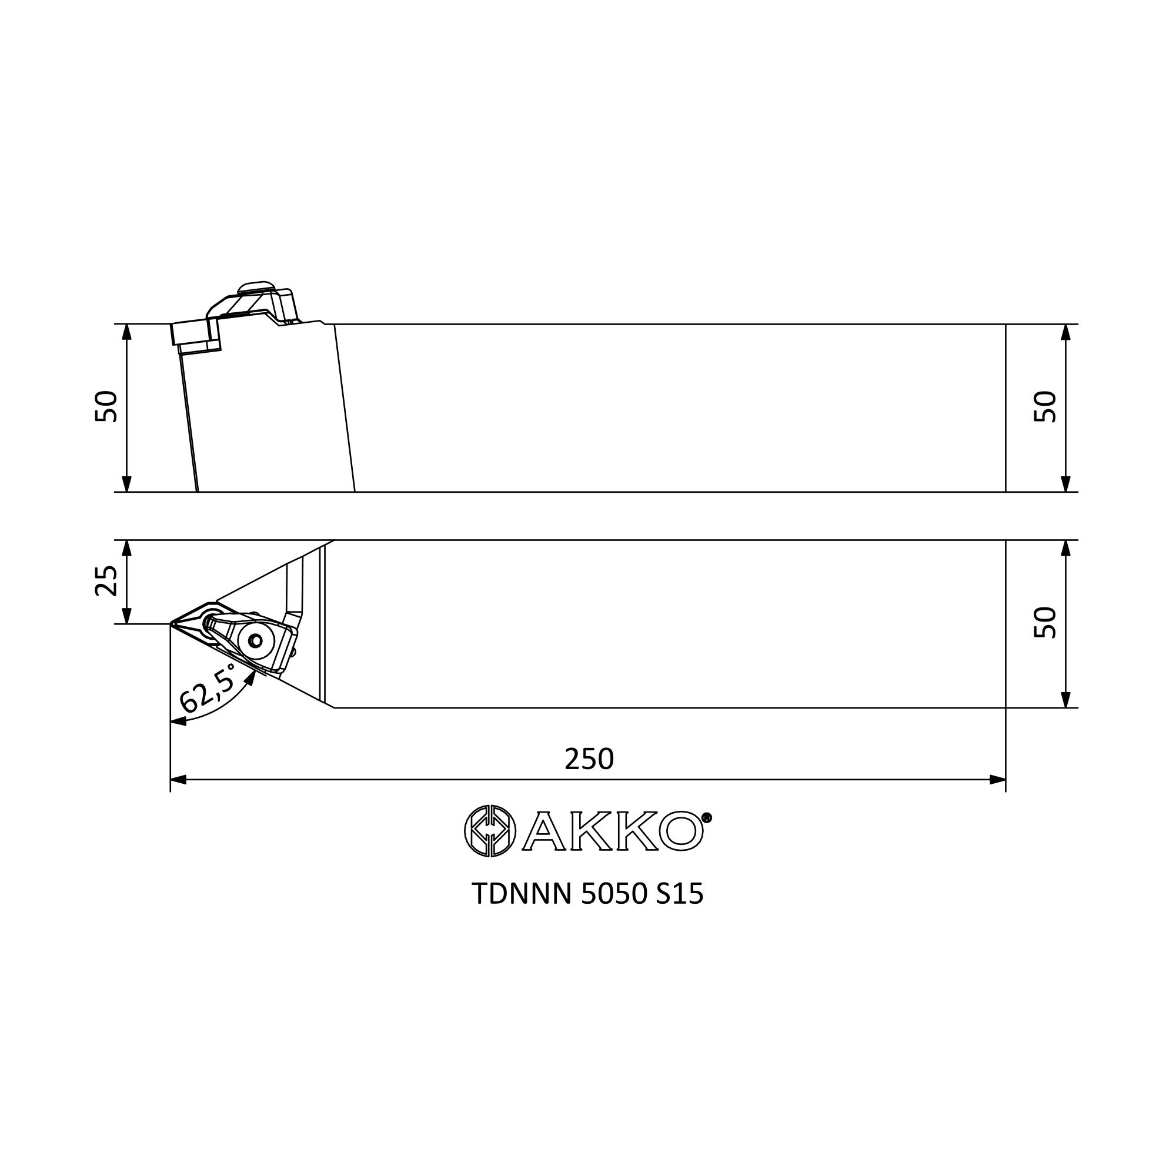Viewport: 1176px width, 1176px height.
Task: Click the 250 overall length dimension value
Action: point(589,759)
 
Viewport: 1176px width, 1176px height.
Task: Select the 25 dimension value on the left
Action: point(106,581)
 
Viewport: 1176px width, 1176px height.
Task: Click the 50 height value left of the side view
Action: point(106,406)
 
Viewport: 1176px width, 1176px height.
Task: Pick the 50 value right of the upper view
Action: point(1045,406)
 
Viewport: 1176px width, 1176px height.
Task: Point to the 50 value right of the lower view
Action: point(1045,622)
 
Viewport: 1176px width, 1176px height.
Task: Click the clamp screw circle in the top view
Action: point(256,640)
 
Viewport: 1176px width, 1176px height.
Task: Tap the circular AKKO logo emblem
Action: point(490,831)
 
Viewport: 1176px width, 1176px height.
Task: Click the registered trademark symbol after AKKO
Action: point(707,817)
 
